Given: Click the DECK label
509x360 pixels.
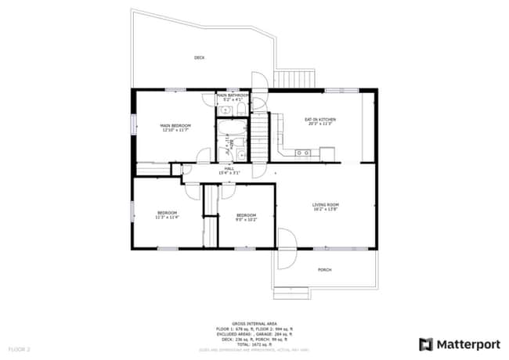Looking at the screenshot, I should click(x=200, y=57).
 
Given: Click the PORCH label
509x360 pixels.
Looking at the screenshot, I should click(x=324, y=270).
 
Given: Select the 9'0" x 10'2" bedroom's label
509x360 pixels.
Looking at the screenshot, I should click(x=247, y=217).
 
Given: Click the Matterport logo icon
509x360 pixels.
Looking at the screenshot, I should click(x=426, y=344).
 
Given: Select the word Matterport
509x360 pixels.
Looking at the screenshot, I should click(x=467, y=344).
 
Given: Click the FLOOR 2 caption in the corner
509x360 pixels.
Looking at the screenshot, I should click(x=19, y=348).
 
